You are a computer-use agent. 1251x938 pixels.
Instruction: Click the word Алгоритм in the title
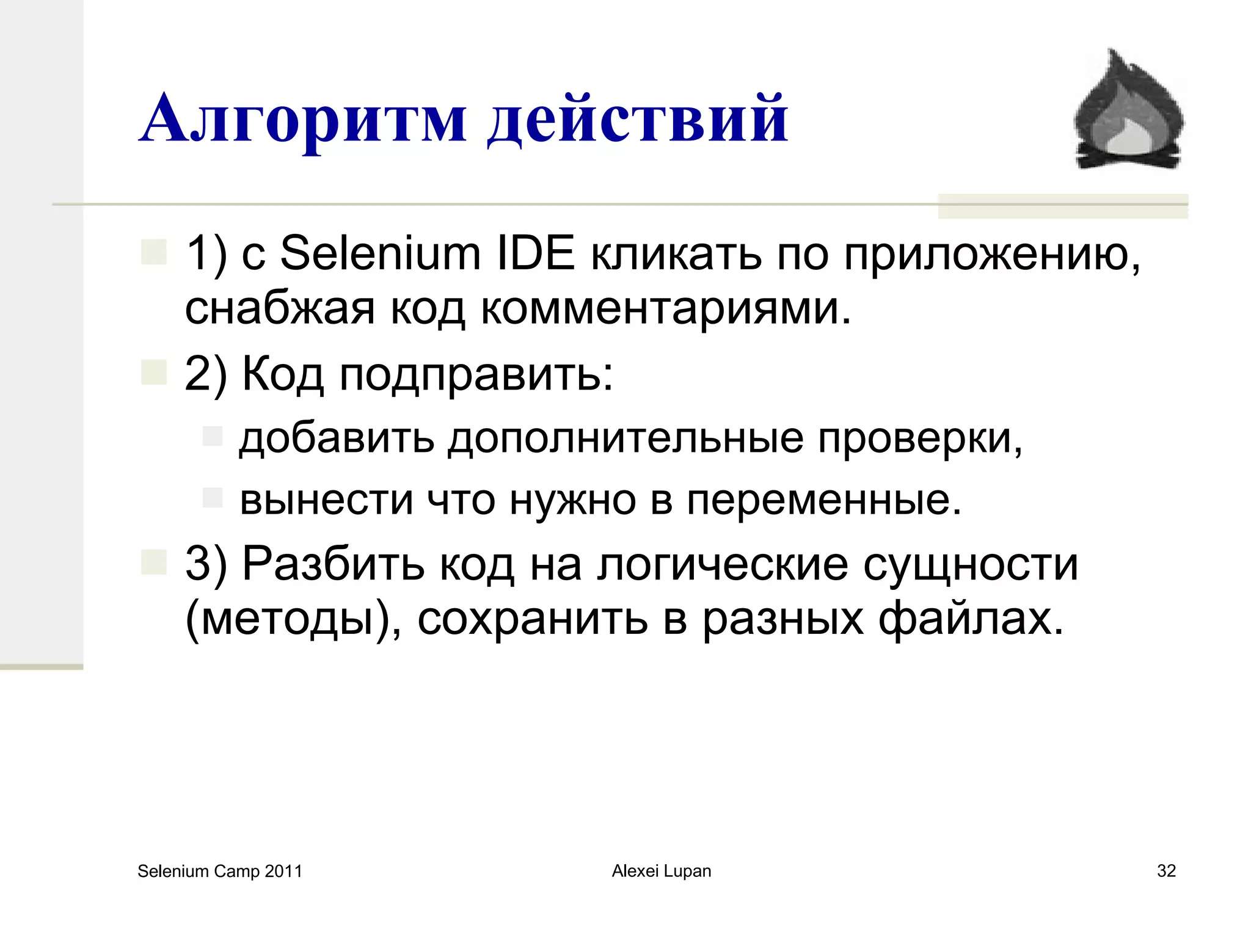click(303, 118)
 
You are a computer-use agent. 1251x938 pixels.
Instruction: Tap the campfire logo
click(1128, 110)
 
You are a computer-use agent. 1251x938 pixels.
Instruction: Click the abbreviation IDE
click(536, 253)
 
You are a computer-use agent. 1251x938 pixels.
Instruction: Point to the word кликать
click(676, 254)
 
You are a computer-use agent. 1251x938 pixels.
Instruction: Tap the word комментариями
click(665, 309)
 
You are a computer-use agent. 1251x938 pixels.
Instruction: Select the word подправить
click(476, 374)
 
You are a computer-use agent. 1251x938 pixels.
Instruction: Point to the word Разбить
click(333, 563)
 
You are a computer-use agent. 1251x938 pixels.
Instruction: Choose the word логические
click(723, 564)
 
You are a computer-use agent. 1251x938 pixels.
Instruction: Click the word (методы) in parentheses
click(293, 619)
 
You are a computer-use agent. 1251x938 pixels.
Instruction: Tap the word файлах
click(971, 619)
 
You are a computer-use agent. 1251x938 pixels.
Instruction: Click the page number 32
click(1166, 871)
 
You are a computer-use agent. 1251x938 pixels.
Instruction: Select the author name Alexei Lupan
click(662, 871)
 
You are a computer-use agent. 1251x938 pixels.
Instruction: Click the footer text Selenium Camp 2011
click(220, 871)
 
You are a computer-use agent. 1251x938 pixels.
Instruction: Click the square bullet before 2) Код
click(154, 372)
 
